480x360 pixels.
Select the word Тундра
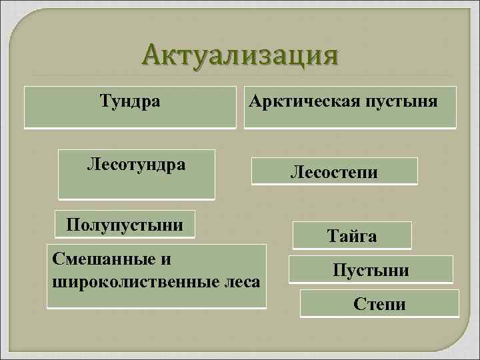[x=130, y=101]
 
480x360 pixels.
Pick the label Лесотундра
[x=136, y=164]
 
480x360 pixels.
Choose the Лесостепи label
[x=334, y=173]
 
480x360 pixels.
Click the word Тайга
[x=351, y=235]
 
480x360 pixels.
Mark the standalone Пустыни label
[x=371, y=271]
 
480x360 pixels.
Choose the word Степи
[x=381, y=305]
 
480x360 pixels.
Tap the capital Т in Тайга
[x=332, y=235]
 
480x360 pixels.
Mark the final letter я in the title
[x=327, y=57]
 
